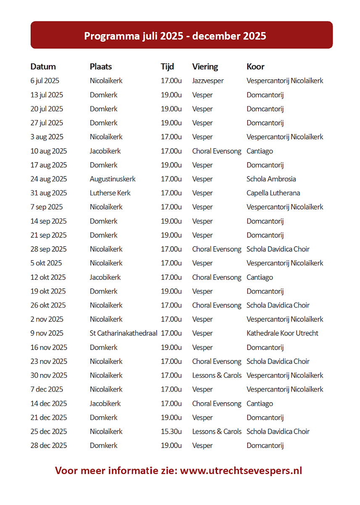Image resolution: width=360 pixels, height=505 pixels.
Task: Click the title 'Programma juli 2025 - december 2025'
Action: (175, 36)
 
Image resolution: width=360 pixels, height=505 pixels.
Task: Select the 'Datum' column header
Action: (43, 66)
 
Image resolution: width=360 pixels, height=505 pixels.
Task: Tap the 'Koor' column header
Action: (255, 66)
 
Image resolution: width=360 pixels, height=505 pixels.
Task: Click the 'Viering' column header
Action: (205, 66)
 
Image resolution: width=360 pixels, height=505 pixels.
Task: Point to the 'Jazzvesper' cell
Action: (208, 81)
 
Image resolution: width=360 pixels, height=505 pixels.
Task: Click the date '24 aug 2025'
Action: (48, 179)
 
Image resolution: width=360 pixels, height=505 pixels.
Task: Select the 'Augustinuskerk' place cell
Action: (113, 179)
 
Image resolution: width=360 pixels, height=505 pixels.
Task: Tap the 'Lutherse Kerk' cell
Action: (110, 193)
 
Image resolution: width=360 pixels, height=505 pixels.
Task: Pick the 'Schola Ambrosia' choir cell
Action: (271, 179)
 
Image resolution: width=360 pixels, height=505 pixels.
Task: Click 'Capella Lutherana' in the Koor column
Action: (273, 193)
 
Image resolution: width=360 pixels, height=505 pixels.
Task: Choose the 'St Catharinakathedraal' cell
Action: (124, 333)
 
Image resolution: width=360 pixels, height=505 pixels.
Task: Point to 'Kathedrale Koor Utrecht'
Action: (283, 333)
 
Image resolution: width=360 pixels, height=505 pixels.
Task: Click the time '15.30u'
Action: (171, 431)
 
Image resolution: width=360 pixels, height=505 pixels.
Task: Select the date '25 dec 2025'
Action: (48, 431)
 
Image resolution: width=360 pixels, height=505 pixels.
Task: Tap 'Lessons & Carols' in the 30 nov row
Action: (217, 375)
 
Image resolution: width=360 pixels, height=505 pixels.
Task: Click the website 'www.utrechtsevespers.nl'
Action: (241, 471)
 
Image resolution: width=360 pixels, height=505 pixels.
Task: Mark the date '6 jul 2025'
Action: (45, 81)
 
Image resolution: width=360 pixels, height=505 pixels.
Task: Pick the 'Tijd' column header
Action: (167, 66)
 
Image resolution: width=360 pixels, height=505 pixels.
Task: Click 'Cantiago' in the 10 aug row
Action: (260, 151)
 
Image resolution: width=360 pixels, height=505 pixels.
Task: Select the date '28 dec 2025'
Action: (48, 446)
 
